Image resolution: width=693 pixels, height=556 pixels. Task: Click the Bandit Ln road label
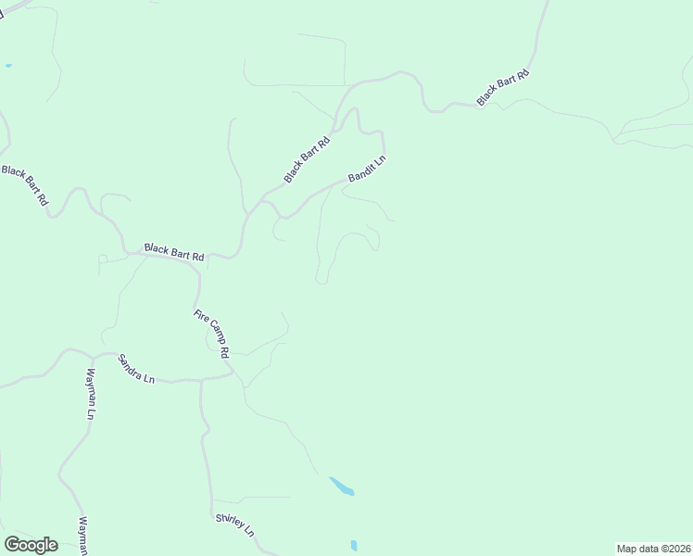pos(366,168)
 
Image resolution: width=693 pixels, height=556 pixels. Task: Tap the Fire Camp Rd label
pos(211,334)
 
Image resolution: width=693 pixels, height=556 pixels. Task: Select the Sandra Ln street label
pos(136,367)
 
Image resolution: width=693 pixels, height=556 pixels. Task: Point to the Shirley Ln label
pos(234,524)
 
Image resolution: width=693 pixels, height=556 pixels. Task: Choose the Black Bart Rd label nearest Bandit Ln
pos(307,159)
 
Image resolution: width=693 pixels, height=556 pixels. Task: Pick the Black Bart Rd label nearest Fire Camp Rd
pos(173,250)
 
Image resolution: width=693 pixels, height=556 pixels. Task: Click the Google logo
pos(31,544)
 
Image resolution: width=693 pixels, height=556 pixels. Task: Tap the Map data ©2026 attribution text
pos(654,548)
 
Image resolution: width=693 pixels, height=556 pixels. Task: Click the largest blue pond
pos(341,486)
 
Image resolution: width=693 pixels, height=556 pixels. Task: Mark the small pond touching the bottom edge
pos(354,546)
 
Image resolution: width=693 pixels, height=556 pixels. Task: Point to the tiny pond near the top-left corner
pos(8,66)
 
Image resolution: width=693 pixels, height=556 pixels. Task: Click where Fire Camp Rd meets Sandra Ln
pos(233,373)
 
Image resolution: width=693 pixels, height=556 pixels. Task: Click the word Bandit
pos(360,171)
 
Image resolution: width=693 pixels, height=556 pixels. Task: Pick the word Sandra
pos(131,364)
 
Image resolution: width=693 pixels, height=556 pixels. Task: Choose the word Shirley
pos(229,520)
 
